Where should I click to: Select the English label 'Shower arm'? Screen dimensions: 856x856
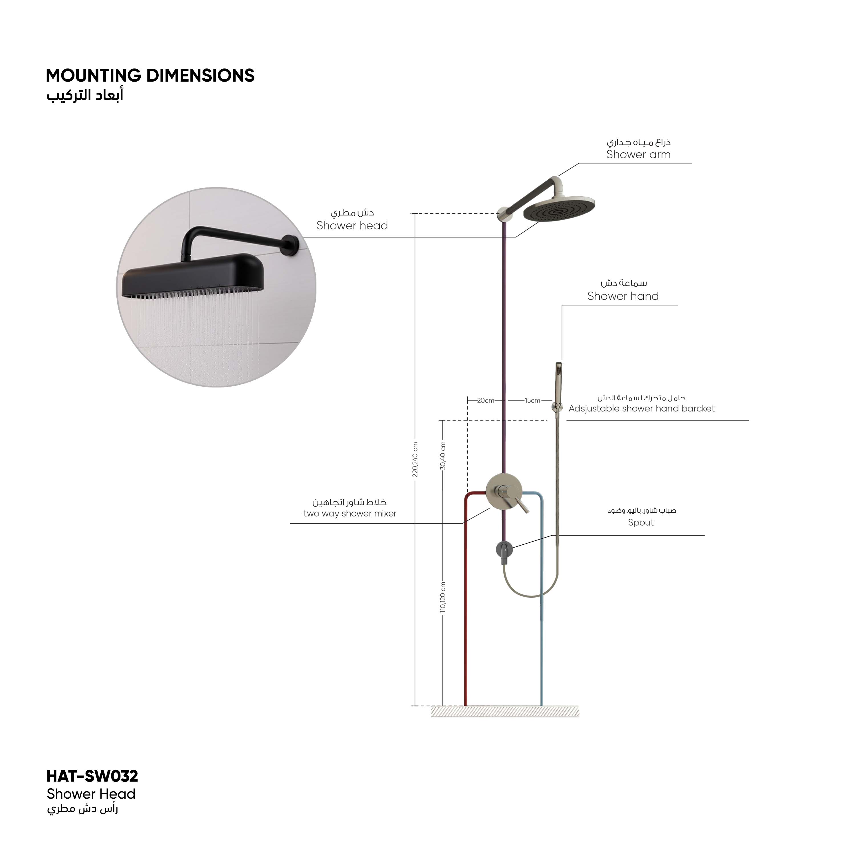click(x=639, y=155)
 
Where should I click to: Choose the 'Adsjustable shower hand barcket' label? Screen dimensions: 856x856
click(x=641, y=409)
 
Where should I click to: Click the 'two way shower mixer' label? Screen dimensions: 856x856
click(x=350, y=514)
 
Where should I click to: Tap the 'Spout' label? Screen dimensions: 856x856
click(x=641, y=523)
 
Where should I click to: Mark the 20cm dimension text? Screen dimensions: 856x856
click(x=486, y=401)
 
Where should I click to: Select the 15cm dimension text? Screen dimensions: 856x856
click(x=532, y=401)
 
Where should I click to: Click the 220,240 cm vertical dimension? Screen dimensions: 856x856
click(x=415, y=459)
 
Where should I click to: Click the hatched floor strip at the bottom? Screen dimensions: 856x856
click(x=505, y=711)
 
